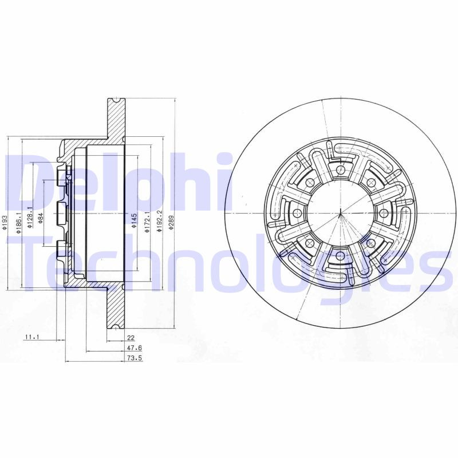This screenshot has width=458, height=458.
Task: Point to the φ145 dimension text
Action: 134,220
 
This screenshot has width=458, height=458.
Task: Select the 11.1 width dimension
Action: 32,338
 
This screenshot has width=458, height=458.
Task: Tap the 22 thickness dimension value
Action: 131,338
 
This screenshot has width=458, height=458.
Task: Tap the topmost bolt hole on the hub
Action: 341,169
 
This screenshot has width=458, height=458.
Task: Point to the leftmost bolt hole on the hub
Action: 297,213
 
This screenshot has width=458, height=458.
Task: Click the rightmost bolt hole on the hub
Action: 384,213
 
